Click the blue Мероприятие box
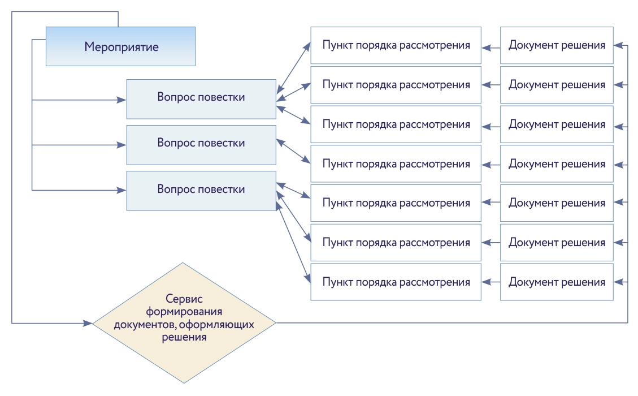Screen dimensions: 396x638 [120, 46]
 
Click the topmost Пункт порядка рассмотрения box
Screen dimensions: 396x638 [396, 45]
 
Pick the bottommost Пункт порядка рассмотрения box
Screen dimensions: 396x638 [396, 282]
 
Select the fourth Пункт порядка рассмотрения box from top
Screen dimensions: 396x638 [396, 164]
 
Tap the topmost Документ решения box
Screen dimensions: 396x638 [557, 45]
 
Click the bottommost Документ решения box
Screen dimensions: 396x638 [557, 282]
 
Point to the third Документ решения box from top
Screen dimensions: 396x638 [557, 124]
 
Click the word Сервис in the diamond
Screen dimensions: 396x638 [184, 299]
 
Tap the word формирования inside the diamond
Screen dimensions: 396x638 [184, 312]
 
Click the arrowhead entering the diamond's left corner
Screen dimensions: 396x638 [88, 323]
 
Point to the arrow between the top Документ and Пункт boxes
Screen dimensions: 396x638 [491, 48]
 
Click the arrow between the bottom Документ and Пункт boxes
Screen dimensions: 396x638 [491, 282]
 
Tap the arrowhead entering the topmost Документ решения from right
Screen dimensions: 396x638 [618, 45]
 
